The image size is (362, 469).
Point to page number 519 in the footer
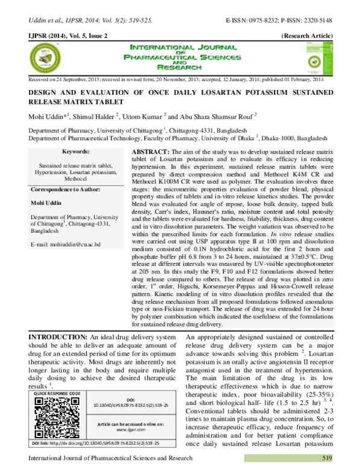327,458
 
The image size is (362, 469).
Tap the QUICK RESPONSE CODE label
57,393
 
